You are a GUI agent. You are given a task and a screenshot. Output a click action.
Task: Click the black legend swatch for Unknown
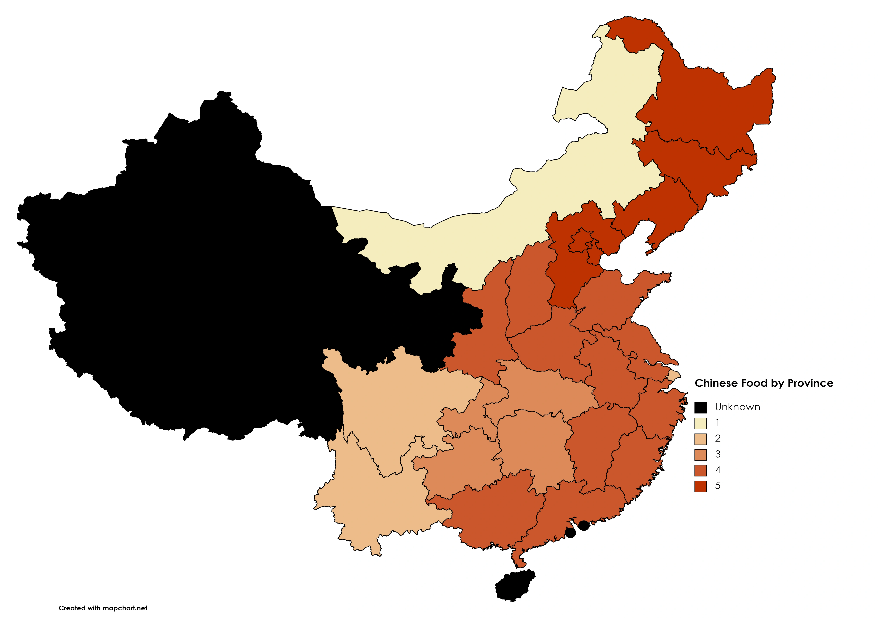pos(701,408)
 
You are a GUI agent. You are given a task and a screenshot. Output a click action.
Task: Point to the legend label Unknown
pos(737,407)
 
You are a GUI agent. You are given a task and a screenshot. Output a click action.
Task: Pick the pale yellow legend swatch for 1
pos(701,423)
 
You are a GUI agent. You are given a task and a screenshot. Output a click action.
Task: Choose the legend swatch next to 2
pos(701,439)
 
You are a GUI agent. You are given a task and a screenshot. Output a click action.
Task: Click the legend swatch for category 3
pos(701,455)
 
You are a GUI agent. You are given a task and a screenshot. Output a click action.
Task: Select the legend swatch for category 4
pos(701,470)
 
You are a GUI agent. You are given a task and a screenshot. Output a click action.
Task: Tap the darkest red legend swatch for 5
pos(701,486)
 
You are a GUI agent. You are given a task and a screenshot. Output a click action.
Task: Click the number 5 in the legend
pos(718,486)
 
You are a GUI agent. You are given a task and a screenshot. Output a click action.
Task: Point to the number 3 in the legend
pos(718,454)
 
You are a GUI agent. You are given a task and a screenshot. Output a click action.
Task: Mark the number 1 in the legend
pos(718,423)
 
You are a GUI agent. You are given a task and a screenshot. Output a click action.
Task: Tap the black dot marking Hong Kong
pos(584,525)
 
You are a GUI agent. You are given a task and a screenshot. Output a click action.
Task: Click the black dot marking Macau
pos(570,533)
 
